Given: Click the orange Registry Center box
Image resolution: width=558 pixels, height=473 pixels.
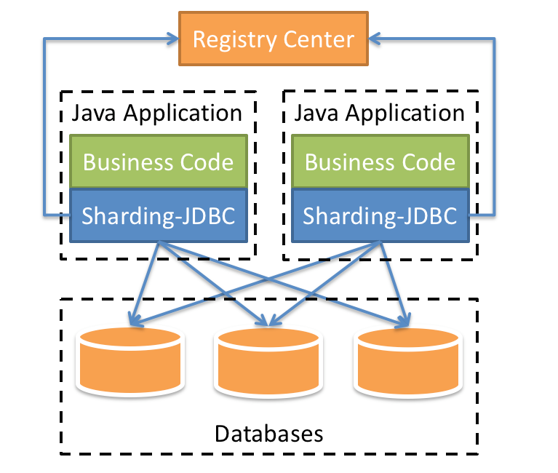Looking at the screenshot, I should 274,38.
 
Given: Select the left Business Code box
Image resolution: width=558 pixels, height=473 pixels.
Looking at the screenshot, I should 159,161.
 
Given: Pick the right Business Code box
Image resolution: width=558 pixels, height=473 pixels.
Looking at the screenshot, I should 380,161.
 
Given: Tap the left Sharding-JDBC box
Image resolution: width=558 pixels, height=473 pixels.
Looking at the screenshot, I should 159,215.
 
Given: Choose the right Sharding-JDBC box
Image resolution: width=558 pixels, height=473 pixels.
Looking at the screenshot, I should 380,215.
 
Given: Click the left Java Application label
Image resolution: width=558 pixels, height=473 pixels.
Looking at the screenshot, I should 157,114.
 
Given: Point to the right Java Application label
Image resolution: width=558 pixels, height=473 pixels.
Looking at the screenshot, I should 378,114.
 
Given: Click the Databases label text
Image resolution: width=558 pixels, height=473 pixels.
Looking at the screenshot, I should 269,434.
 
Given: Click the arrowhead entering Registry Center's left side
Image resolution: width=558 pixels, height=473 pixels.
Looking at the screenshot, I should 172,39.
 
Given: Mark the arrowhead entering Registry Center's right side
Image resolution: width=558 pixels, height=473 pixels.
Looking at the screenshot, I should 376,39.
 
